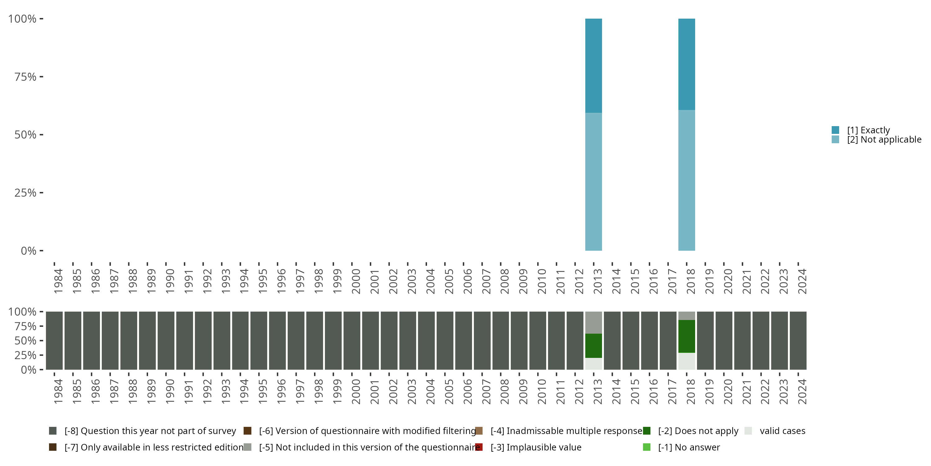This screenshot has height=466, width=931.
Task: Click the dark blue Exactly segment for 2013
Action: (x=593, y=66)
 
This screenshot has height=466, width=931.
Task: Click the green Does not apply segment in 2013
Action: (x=593, y=345)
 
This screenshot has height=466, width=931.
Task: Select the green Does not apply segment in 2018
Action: (x=686, y=336)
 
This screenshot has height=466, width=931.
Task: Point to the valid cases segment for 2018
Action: (x=686, y=361)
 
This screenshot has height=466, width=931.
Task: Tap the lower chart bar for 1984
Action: (x=54, y=340)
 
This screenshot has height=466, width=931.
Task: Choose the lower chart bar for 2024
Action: (x=798, y=340)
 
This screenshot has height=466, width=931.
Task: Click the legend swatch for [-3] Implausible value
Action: (x=479, y=447)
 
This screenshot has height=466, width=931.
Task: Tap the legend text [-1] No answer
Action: (x=689, y=447)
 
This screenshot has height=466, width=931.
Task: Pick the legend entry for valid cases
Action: (x=782, y=431)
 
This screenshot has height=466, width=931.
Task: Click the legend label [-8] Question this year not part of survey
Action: (x=150, y=431)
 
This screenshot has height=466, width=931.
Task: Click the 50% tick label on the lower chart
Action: (x=25, y=340)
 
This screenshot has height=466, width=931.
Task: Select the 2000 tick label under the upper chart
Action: (x=356, y=281)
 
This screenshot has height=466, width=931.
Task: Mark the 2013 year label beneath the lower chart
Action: (x=598, y=391)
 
